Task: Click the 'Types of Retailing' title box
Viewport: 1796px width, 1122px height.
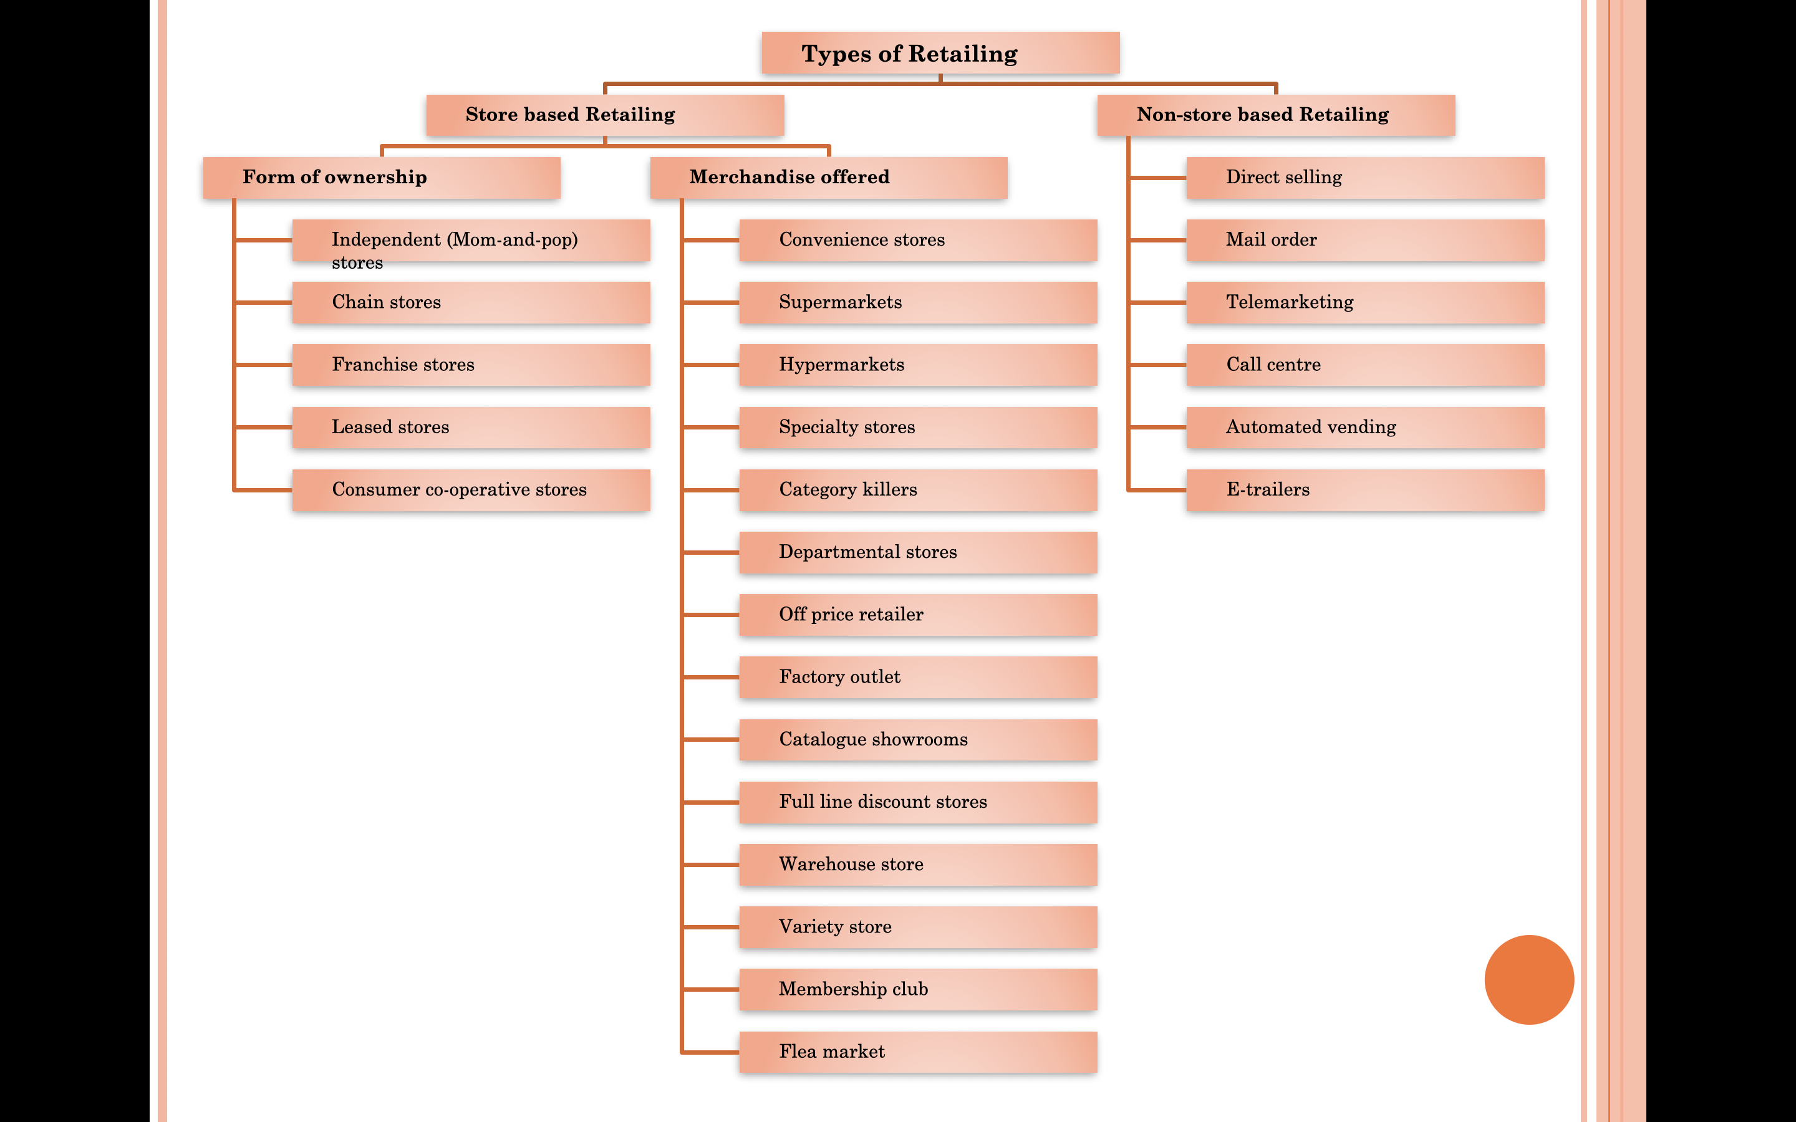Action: [x=940, y=54]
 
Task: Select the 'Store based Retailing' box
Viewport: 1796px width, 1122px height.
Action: [x=605, y=115]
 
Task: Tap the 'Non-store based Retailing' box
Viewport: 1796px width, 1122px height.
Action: [x=1276, y=115]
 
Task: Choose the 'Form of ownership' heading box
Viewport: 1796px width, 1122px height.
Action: [x=382, y=178]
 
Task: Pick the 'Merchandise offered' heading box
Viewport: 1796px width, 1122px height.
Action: [x=828, y=178]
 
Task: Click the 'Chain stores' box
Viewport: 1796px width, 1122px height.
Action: [x=471, y=303]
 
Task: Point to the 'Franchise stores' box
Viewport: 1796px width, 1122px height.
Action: [x=471, y=365]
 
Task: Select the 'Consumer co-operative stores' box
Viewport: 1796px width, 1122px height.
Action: [x=471, y=490]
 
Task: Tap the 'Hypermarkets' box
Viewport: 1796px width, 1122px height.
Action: [x=917, y=365]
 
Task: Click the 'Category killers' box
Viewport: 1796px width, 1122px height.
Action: [x=917, y=490]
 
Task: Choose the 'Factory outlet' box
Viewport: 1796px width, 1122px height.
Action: [x=917, y=677]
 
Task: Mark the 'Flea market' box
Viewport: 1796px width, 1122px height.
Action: [x=917, y=1052]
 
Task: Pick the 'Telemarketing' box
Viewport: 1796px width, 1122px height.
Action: [x=1365, y=303]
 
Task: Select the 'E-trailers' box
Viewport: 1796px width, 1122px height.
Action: [x=1365, y=490]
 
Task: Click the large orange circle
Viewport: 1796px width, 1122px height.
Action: [x=1529, y=979]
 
